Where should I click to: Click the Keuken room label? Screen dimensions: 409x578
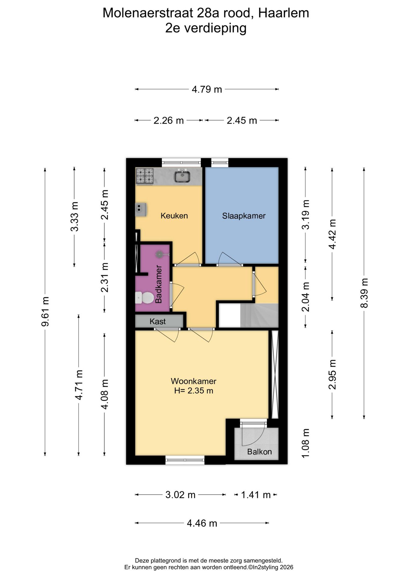(174, 216)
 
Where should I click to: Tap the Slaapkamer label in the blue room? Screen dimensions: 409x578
(244, 216)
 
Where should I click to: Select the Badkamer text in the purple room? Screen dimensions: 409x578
(158, 284)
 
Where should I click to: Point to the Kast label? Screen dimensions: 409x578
(158, 322)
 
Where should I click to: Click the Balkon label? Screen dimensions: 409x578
(259, 452)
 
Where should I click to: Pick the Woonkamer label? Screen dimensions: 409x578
(194, 381)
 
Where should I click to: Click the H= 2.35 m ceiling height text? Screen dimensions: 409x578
(194, 391)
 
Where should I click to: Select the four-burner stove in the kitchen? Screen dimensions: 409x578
(145, 176)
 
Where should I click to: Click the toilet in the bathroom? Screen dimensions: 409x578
(143, 298)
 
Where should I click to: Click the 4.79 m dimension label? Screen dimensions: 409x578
(207, 89)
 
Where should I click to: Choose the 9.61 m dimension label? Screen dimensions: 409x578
(45, 311)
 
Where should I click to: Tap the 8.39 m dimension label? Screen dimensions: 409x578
(364, 293)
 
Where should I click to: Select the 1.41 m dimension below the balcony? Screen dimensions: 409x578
(256, 495)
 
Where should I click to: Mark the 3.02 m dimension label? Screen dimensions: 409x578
(180, 495)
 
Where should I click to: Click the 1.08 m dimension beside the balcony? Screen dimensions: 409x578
(306, 443)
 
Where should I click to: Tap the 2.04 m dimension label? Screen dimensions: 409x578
(306, 297)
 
